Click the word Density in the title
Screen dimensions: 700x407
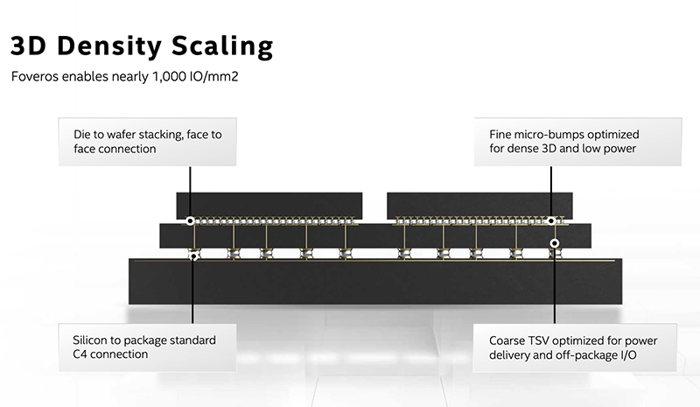pyautogui.click(x=108, y=46)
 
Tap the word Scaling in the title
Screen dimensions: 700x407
pyautogui.click(x=222, y=47)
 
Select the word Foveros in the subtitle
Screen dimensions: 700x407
pyautogui.click(x=35, y=76)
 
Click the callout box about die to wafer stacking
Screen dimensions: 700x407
pyautogui.click(x=147, y=142)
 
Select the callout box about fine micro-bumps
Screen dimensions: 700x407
pyautogui.click(x=577, y=142)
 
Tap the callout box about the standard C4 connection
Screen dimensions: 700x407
pyautogui.click(x=147, y=347)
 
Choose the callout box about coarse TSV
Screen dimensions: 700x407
pyautogui.click(x=575, y=347)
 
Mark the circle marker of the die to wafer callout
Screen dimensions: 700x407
pyautogui.click(x=190, y=221)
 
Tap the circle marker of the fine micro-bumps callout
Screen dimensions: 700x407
pyautogui.click(x=551, y=221)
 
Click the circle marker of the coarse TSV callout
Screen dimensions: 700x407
pyautogui.click(x=555, y=243)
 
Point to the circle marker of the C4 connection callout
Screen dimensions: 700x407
pyautogui.click(x=193, y=256)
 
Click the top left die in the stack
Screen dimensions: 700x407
pyautogui.click(x=269, y=205)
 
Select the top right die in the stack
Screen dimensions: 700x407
pyautogui.click(x=479, y=205)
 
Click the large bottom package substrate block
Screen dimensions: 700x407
pyautogui.click(x=375, y=282)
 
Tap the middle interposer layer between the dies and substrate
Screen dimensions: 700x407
pyautogui.click(x=375, y=236)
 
